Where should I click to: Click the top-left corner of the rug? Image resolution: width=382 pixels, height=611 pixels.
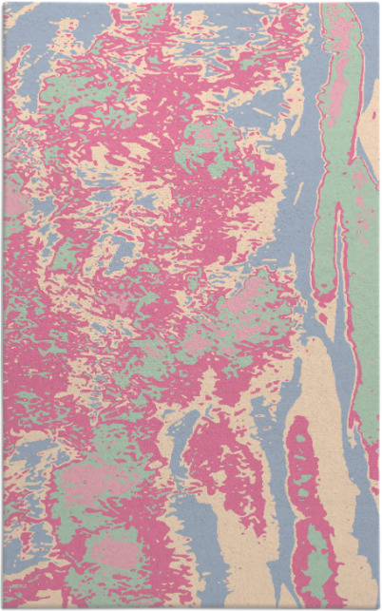(4, 4)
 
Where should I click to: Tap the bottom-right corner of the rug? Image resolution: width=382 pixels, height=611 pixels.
(377, 606)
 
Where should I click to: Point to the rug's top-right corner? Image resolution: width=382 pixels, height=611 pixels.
(377, 4)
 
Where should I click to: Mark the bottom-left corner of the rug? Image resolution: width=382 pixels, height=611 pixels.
(4, 606)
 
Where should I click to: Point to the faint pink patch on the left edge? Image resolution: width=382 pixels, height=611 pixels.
(13, 204)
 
